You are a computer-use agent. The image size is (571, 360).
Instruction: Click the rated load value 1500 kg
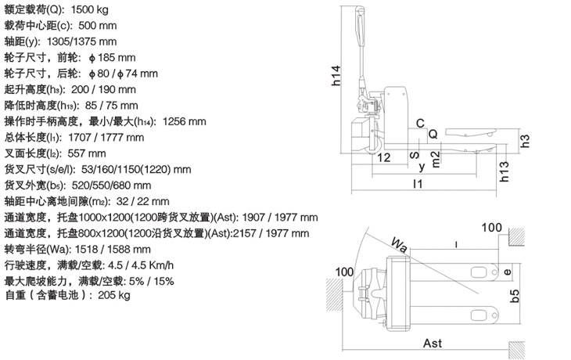click(x=90, y=10)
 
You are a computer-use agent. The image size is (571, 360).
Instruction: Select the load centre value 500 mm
click(x=98, y=26)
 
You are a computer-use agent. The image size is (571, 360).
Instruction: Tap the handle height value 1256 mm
click(x=185, y=121)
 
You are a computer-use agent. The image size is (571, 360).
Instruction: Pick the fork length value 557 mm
click(x=87, y=153)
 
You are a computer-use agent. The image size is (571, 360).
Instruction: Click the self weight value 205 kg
click(x=114, y=295)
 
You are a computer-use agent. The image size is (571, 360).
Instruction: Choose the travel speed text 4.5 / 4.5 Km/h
click(x=141, y=265)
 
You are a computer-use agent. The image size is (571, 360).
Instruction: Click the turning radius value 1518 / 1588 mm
click(x=113, y=250)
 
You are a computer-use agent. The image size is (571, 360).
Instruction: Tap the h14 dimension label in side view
click(x=336, y=75)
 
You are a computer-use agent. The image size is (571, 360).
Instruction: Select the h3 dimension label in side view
click(x=525, y=141)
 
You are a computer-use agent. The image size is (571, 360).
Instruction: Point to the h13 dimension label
click(x=504, y=171)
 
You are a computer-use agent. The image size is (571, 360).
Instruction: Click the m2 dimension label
click(x=436, y=159)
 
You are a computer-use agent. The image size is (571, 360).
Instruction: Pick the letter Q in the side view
click(x=433, y=134)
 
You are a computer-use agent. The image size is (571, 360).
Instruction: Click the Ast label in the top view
click(x=433, y=343)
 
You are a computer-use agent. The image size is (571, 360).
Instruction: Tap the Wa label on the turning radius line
click(x=399, y=244)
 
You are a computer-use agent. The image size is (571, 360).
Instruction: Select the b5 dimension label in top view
click(x=514, y=296)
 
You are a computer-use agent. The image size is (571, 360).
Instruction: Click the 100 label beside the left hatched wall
click(x=344, y=272)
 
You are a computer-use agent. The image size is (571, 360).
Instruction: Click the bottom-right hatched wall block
click(x=516, y=351)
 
